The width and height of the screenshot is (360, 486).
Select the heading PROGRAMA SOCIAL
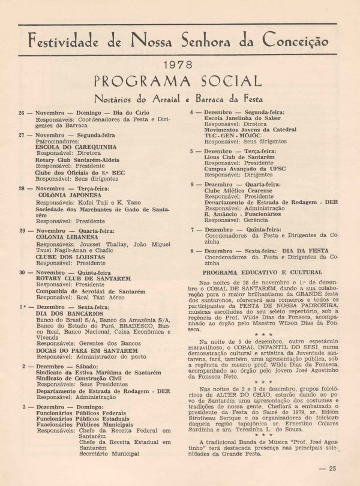click(x=178, y=81)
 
